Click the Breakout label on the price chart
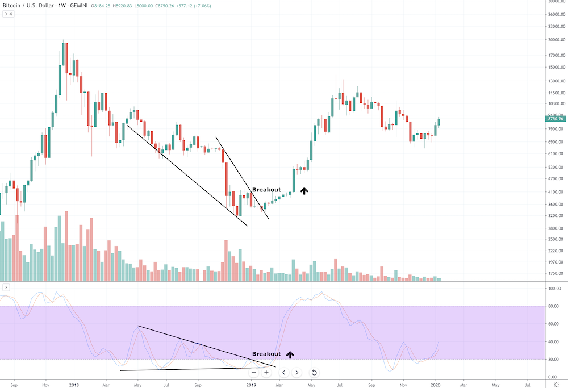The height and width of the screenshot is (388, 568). [x=266, y=190]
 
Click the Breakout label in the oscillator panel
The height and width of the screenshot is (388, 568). [x=266, y=354]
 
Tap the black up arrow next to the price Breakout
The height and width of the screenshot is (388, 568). [x=304, y=191]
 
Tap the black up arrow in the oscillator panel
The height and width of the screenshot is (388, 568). [x=290, y=354]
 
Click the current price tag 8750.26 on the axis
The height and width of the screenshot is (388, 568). [x=554, y=119]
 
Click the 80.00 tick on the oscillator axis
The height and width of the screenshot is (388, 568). [x=553, y=306]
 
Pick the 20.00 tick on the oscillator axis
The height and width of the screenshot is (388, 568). [x=553, y=359]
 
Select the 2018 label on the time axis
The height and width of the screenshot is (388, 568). [x=73, y=384]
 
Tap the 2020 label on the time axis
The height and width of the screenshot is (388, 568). [x=436, y=384]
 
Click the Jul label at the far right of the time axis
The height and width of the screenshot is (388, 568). [x=528, y=384]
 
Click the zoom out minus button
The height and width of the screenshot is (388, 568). [x=253, y=373]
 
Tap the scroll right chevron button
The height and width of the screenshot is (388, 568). [x=296, y=373]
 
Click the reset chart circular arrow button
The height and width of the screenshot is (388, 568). [x=314, y=373]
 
